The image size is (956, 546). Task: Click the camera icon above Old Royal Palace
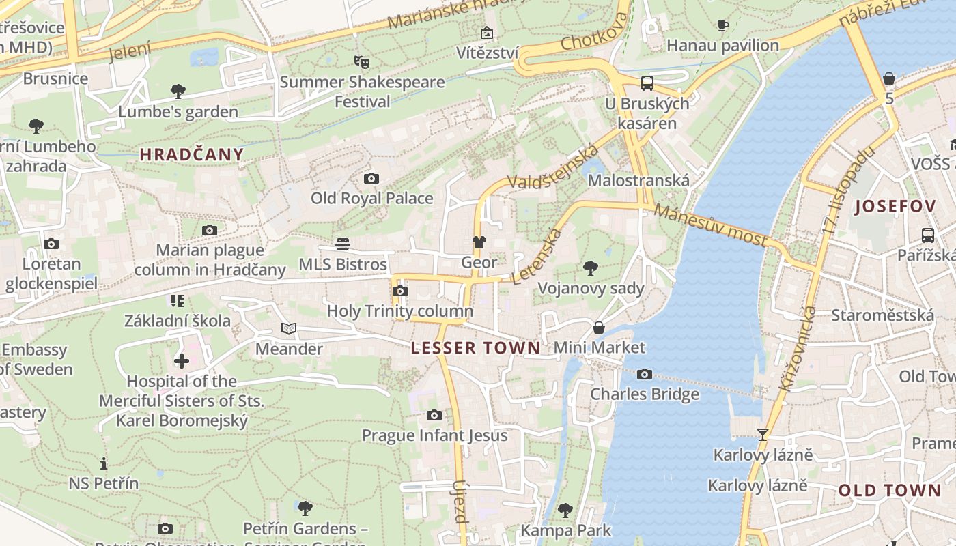[371, 179]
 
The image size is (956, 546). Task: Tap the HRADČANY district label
[192, 154]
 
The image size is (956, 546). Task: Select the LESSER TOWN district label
[475, 348]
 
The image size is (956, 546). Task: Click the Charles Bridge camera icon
[644, 374]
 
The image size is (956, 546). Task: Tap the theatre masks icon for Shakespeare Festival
[362, 62]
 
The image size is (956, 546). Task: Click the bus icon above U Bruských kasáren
[647, 83]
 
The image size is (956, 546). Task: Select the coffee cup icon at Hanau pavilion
[722, 26]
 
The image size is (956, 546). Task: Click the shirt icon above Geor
[479, 242]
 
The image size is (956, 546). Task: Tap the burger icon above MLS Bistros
[343, 244]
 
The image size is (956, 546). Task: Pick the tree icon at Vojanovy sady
[591, 268]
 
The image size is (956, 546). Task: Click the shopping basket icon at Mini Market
[599, 328]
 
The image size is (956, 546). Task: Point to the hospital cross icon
[182, 361]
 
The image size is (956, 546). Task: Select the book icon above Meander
[289, 329]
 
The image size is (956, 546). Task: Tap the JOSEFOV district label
[895, 206]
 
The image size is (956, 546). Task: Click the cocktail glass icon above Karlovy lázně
[763, 434]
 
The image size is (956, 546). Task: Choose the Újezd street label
[460, 502]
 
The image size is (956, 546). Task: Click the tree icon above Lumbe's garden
[178, 91]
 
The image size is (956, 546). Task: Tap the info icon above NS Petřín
[104, 463]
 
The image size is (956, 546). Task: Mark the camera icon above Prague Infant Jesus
[434, 415]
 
